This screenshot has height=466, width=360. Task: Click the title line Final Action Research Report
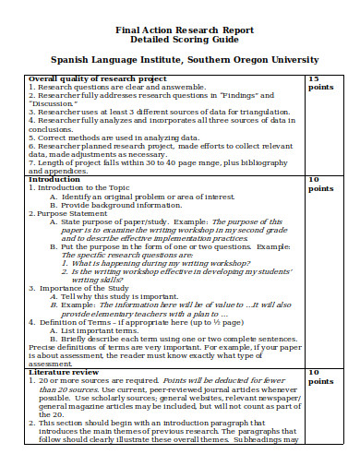pyautogui.click(x=180, y=30)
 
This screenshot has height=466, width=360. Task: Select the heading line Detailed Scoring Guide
pyautogui.click(x=180, y=42)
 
